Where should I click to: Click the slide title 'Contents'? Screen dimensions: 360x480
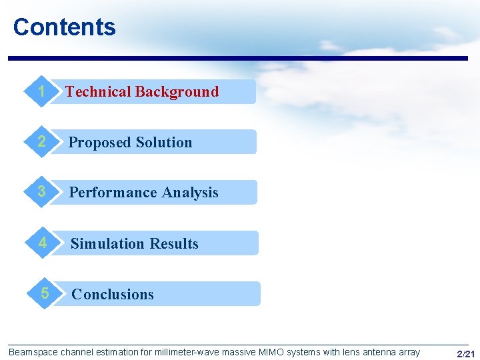click(x=64, y=27)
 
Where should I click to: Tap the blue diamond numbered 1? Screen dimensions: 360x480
click(x=42, y=91)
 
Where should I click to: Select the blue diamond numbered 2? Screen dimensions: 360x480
click(x=42, y=142)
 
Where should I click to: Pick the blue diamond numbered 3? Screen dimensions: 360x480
click(x=42, y=192)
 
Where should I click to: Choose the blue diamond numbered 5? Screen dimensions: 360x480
click(x=45, y=293)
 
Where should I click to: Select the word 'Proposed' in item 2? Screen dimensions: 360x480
click(x=99, y=143)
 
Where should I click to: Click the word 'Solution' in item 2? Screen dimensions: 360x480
click(x=163, y=143)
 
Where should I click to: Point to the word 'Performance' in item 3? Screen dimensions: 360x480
click(x=111, y=193)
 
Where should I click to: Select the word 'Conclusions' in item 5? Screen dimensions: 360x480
click(x=113, y=295)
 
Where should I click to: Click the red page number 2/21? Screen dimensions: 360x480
click(x=465, y=353)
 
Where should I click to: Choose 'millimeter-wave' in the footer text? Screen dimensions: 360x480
click(x=186, y=352)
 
